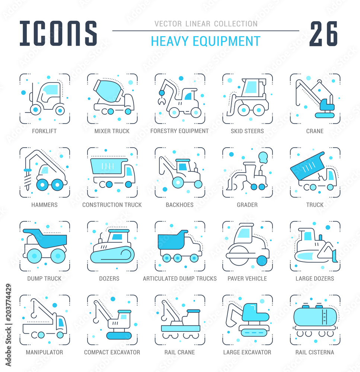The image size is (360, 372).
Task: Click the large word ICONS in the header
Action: click(x=58, y=33)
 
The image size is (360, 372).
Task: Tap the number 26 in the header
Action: click(x=324, y=33)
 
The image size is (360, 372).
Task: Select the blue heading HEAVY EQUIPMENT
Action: click(x=206, y=41)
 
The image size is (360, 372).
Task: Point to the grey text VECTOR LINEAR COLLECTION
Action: click(x=206, y=24)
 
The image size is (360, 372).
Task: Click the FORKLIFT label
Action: click(x=44, y=131)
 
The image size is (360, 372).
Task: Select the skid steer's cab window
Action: click(x=251, y=87)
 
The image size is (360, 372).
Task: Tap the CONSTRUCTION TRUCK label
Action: click(x=112, y=205)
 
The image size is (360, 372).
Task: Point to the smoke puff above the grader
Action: click(x=263, y=157)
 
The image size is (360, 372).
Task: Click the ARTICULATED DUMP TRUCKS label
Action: click(x=180, y=279)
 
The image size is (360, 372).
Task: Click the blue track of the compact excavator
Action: click(x=119, y=336)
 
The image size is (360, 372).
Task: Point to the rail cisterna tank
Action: click(x=315, y=317)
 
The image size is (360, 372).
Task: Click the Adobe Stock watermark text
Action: click(x=8, y=325)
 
